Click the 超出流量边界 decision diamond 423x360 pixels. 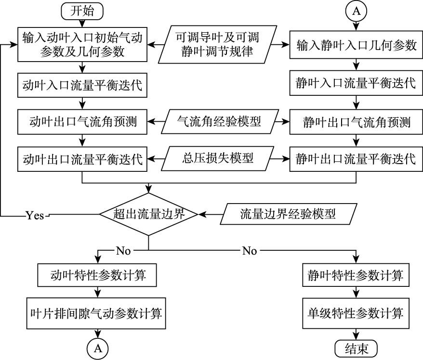148,214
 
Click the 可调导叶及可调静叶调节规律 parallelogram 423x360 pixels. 220,44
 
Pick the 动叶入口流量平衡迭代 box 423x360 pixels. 82,85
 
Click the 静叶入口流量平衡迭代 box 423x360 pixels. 356,83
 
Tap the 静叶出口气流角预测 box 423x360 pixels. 356,122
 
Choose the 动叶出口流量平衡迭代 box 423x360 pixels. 82,159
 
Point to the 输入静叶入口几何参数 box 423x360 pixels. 356,46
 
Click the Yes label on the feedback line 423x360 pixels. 35,216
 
